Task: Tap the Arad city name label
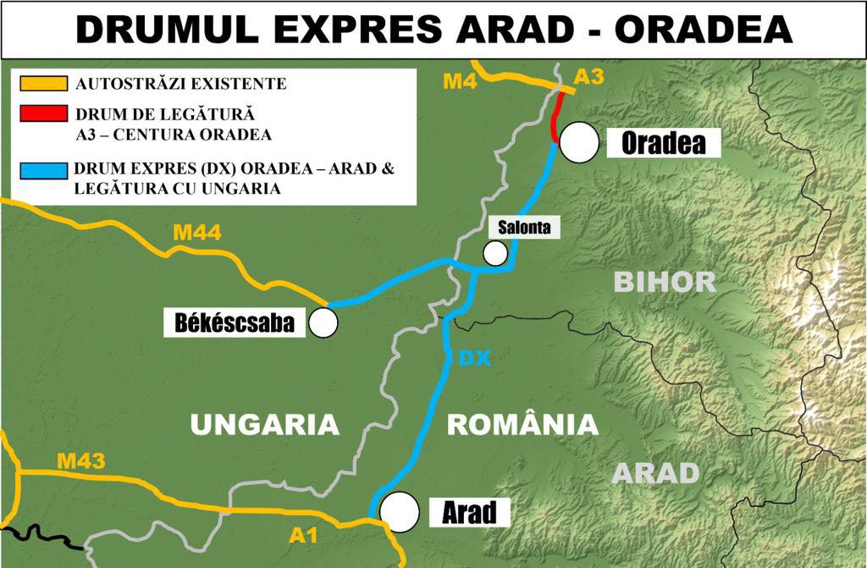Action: coord(468,512)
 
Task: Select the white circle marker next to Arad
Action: coord(400,511)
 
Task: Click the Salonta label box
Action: coord(524,227)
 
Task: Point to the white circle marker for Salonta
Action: coord(495,252)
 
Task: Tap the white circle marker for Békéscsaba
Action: coord(323,323)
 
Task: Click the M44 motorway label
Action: coord(198,232)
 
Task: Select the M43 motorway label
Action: coord(80,461)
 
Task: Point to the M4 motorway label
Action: coord(461,82)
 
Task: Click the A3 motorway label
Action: coord(588,78)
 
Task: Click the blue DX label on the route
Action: coord(474,359)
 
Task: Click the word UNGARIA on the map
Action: coord(264,424)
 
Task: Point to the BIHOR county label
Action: coord(665,282)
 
